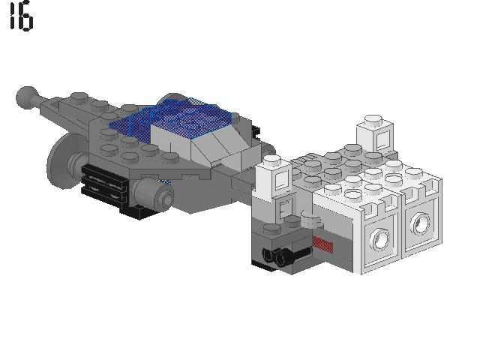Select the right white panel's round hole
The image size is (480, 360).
(420, 223)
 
